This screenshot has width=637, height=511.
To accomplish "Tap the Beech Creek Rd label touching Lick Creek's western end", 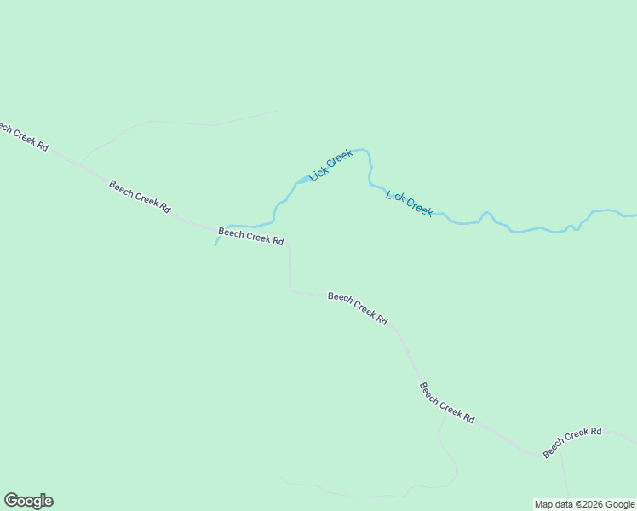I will [250, 235].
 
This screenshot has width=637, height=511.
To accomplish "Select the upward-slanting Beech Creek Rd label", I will [572, 441].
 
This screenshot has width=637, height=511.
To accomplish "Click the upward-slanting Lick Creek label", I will [331, 164].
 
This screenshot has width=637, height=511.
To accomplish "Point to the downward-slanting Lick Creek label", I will [409, 204].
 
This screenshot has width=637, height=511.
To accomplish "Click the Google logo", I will [28, 500].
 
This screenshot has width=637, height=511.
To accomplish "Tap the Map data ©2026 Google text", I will [584, 504].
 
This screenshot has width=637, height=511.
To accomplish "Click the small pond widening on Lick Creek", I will [302, 180].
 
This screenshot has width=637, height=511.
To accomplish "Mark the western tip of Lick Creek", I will [215, 245].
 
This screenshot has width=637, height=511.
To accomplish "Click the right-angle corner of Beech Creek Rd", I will [291, 291].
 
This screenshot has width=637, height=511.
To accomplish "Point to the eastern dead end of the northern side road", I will [277, 111].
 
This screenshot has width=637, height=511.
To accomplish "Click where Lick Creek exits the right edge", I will [634, 214].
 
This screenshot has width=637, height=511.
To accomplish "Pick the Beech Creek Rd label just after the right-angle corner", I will [358, 308].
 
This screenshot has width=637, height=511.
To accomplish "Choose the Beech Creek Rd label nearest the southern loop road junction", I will [446, 402].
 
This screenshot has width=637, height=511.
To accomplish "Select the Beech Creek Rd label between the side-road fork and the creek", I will [140, 196].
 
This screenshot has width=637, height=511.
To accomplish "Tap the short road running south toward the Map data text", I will [564, 477].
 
